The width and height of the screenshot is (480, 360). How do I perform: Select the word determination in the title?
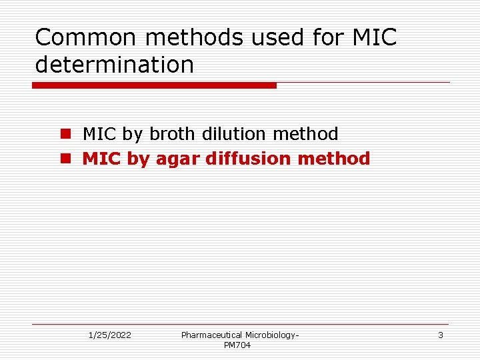114,65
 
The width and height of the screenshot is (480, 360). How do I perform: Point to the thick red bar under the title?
154,85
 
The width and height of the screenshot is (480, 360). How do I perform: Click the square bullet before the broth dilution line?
65,134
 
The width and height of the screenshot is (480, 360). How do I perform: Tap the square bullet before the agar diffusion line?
65,159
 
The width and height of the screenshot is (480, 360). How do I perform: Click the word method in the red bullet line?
334,159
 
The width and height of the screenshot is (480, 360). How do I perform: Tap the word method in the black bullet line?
305,134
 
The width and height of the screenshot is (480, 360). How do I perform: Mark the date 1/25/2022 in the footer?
110,335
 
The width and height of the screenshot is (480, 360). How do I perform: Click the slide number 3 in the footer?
440,335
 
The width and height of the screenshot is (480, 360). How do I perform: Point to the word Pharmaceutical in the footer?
211,335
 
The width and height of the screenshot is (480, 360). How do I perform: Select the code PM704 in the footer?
237,345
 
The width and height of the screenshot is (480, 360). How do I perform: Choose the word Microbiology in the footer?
271,335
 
